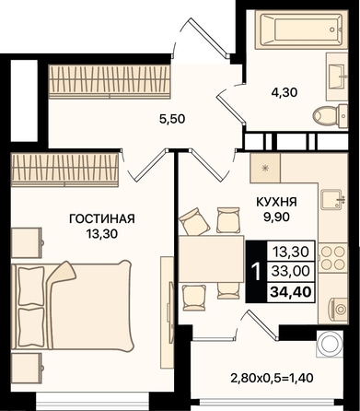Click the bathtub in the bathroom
click(301, 29)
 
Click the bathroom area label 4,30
click(285, 92)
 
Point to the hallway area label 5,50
click(172, 119)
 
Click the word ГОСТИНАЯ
click(102, 219)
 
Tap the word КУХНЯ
click(276, 202)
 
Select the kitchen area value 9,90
click(276, 217)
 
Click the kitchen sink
click(332, 199)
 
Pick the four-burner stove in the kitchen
click(333, 257)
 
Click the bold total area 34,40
click(291, 291)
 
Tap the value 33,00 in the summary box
click(291, 271)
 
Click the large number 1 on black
click(256, 272)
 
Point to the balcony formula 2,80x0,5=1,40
click(273, 378)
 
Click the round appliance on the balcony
click(330, 344)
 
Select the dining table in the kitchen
click(212, 259)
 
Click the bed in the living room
click(73, 305)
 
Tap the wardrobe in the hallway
click(110, 82)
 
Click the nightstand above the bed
click(27, 242)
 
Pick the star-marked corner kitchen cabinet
click(265, 168)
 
